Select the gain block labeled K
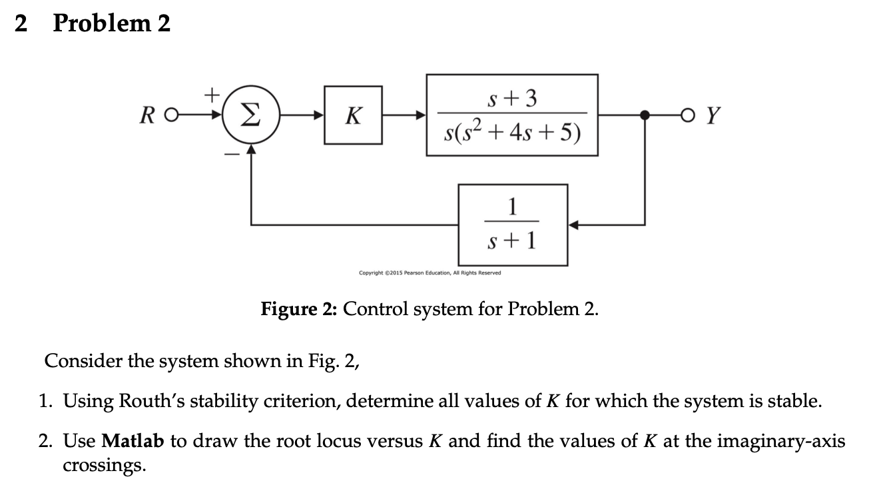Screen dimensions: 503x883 pos(353,115)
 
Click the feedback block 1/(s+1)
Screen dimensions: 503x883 pos(513,225)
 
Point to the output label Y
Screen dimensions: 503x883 pos(713,116)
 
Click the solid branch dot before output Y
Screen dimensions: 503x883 pos(644,115)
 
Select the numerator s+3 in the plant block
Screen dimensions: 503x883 pos(513,99)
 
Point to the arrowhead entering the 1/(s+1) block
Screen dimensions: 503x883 pos(575,225)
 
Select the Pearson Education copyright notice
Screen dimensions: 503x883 pos(430,272)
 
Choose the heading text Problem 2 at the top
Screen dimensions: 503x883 pos(111,24)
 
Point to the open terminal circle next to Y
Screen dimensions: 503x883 pos(694,116)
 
